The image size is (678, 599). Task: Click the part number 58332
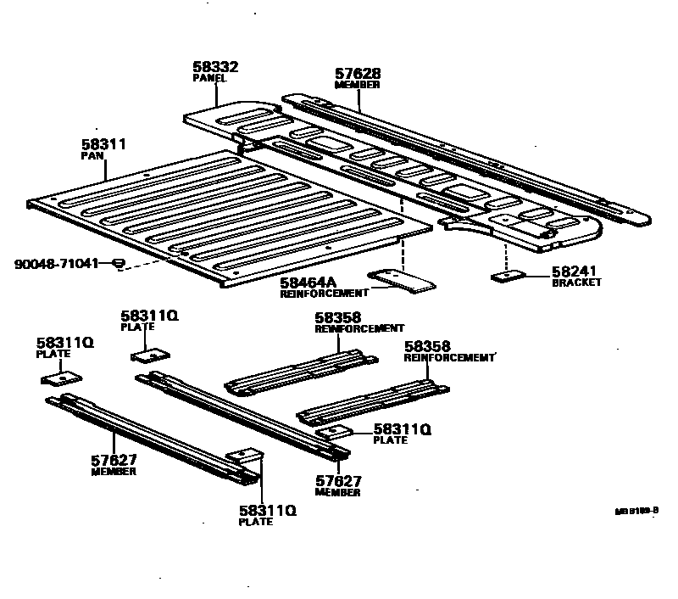(x=215, y=67)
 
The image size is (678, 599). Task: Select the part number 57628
(x=357, y=75)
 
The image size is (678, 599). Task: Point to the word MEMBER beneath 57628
(x=357, y=86)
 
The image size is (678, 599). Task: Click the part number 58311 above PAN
(x=103, y=145)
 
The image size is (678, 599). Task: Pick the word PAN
(x=91, y=157)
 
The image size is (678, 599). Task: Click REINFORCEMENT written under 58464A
(x=324, y=293)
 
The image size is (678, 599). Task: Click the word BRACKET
(x=576, y=283)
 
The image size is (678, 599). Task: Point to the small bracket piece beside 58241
(x=507, y=275)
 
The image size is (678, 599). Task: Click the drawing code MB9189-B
(x=636, y=512)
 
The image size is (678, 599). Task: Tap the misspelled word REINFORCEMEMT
(x=448, y=358)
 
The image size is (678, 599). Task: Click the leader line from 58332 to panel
(x=217, y=93)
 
